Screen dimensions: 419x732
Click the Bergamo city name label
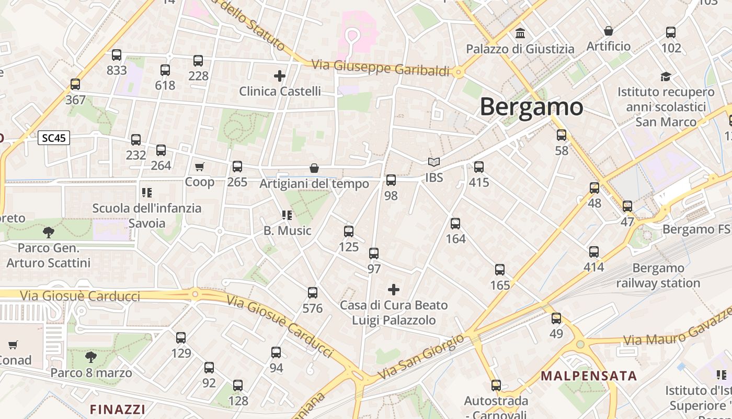531,107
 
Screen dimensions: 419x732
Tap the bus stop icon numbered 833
117,55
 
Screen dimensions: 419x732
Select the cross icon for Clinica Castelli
280,76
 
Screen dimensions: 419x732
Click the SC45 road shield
54,138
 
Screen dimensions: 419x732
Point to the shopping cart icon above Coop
199,167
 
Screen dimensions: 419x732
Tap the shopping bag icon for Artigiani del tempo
314,168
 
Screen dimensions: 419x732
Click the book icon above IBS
433,162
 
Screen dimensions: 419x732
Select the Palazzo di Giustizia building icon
520,34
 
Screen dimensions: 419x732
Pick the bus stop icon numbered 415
478,168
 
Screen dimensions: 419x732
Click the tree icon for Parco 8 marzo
91,357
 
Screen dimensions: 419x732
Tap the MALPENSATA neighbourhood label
589,376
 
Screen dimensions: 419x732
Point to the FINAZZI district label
117,409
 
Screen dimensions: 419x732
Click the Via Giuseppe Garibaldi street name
380,68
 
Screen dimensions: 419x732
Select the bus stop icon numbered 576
313,293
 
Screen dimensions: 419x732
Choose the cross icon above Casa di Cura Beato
394,289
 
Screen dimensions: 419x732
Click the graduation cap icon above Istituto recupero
666,77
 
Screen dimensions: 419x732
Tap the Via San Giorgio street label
421,357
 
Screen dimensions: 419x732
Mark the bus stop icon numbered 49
556,318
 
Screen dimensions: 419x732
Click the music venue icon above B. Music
287,215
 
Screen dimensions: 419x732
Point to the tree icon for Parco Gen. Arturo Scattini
49,232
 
